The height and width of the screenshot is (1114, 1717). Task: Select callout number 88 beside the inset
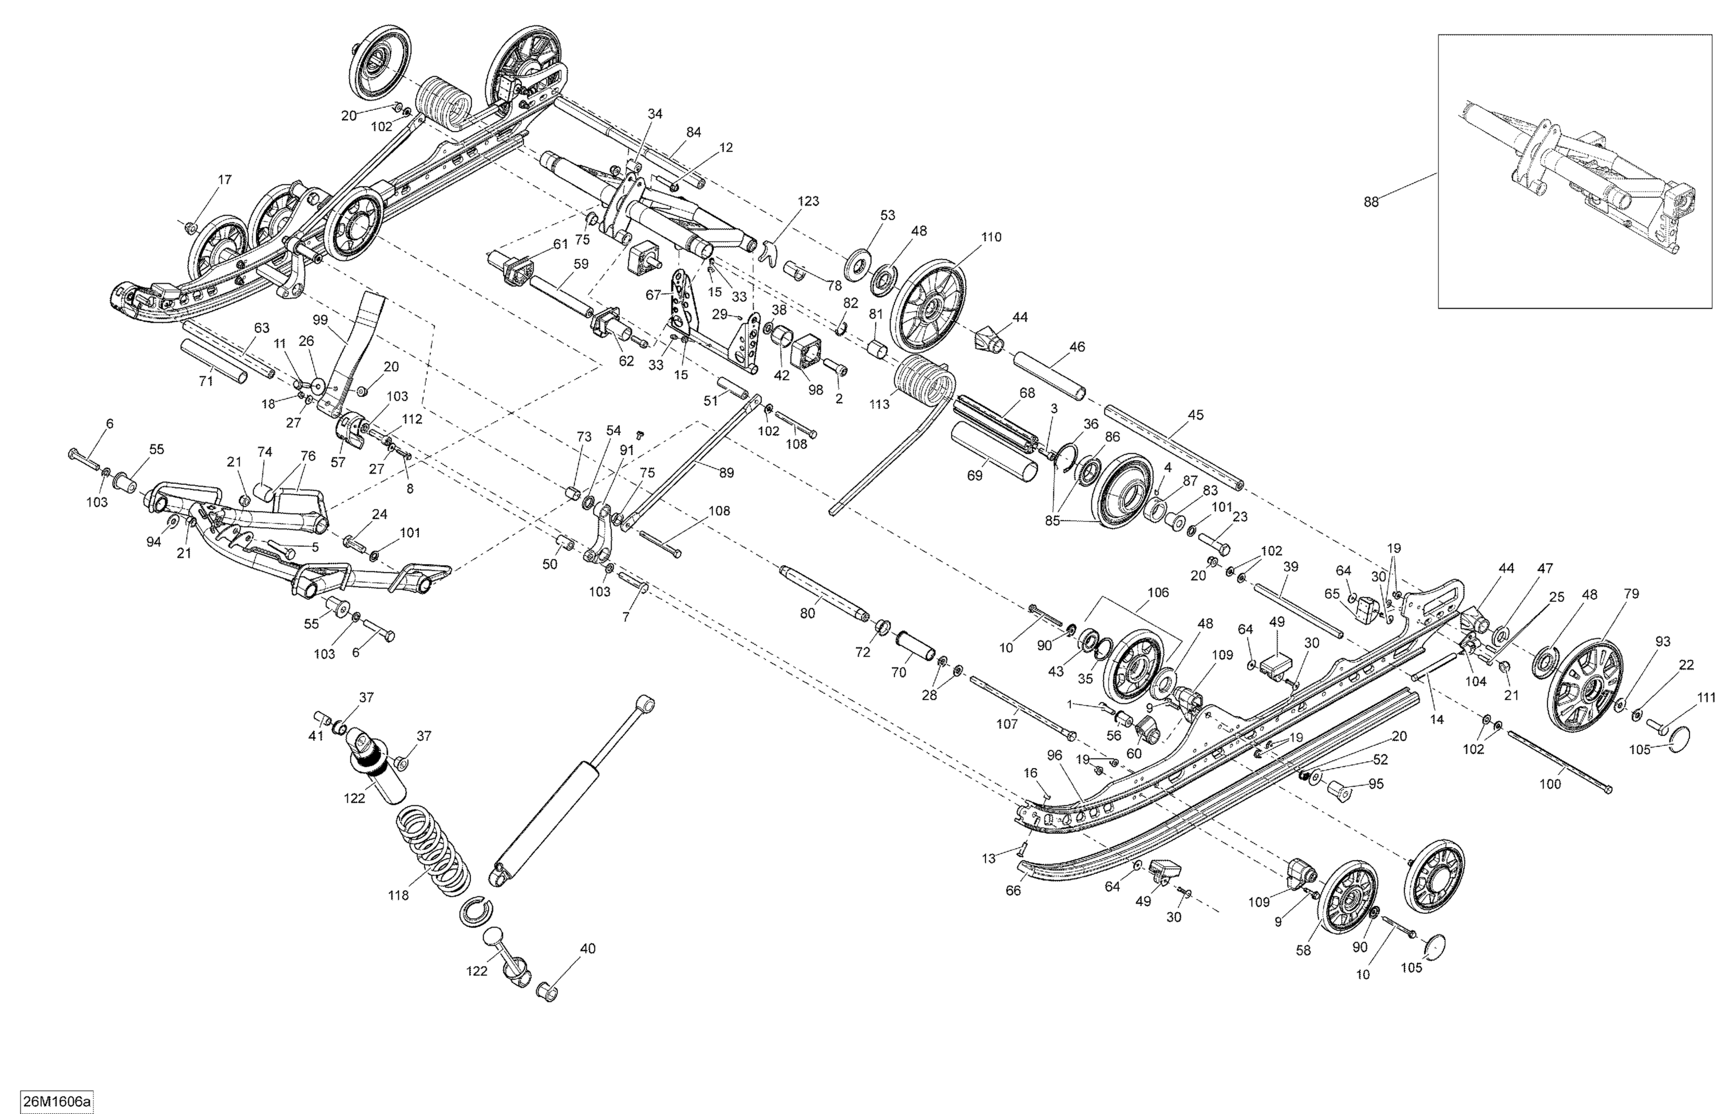coord(1370,202)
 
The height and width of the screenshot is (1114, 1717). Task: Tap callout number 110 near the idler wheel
coord(991,237)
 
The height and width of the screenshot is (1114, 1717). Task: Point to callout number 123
coord(808,201)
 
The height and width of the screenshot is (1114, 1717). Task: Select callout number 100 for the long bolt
coord(1550,784)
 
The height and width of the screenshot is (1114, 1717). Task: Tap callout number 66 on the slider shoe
coord(1013,890)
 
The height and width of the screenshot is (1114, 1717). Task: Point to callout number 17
coord(224,180)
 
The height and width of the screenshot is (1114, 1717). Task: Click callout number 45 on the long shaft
coord(1196,415)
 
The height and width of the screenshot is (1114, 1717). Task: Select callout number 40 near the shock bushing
coord(587,949)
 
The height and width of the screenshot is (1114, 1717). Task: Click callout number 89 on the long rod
coord(726,473)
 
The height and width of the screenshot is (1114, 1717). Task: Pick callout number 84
coord(693,132)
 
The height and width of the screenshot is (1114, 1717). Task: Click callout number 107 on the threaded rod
coord(1006,723)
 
